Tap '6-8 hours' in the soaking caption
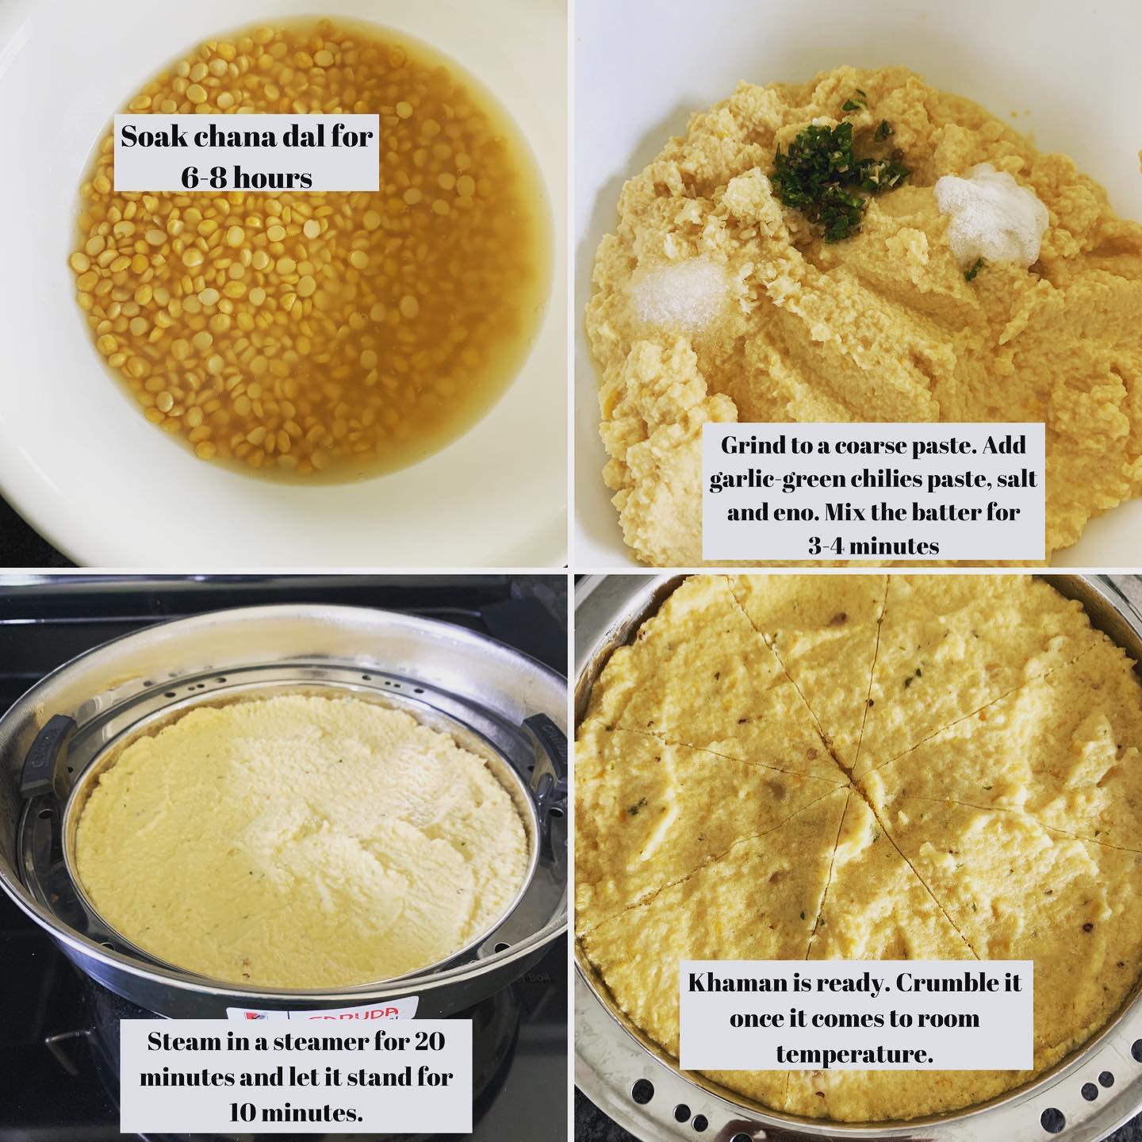247,178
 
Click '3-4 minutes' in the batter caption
873,545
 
